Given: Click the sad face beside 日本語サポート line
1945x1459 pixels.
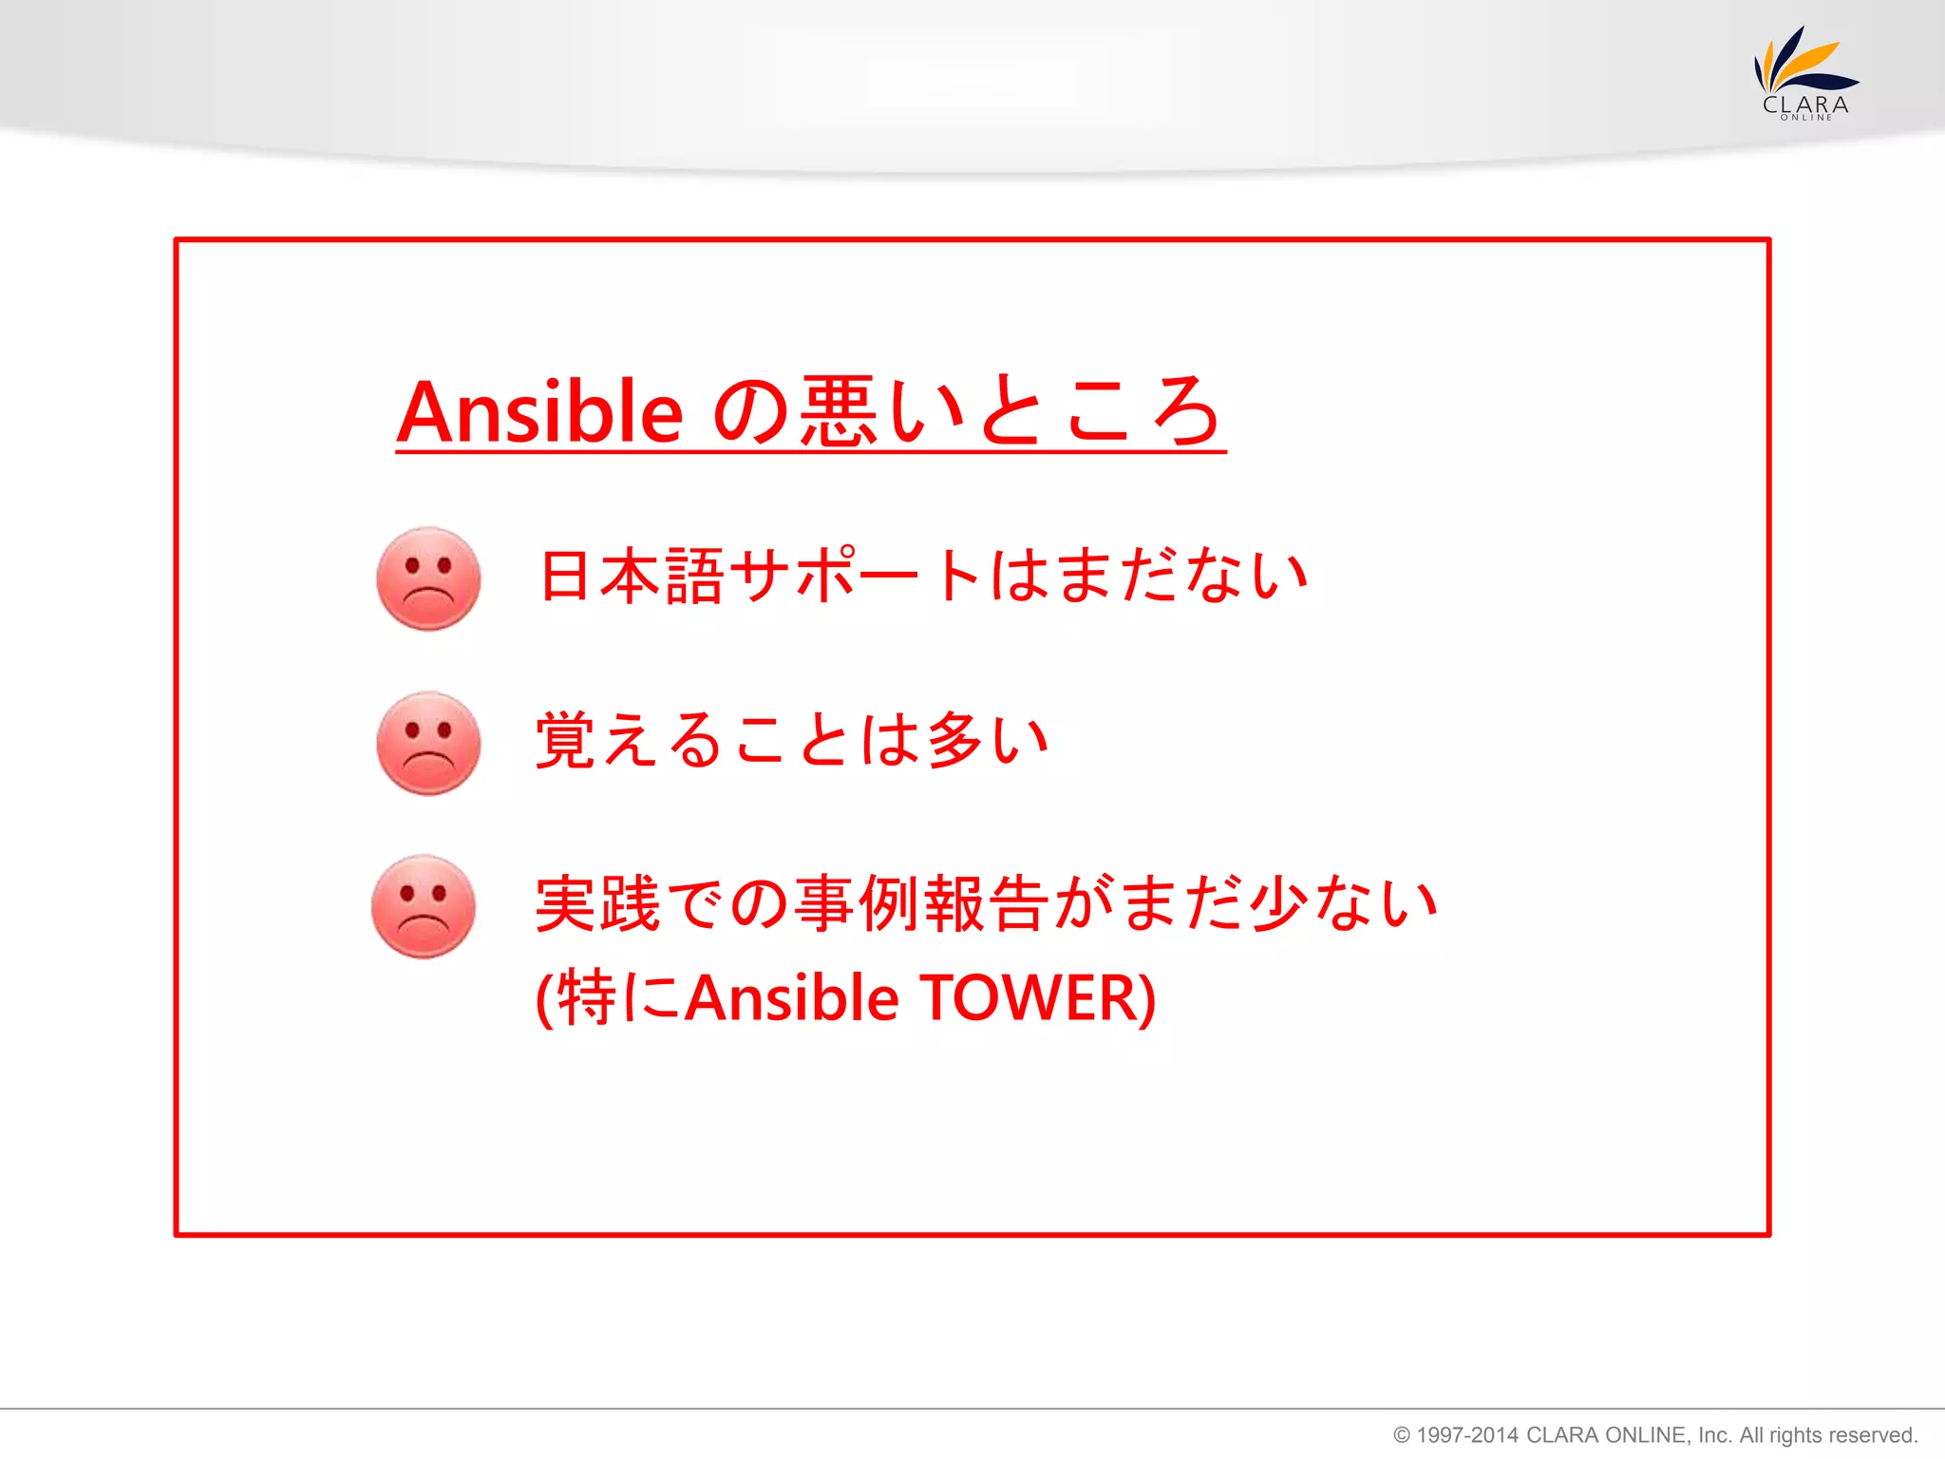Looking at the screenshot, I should (428, 578).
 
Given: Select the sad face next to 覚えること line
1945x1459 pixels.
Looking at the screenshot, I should (428, 743).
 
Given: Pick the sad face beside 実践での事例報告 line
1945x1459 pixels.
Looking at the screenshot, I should (424, 906).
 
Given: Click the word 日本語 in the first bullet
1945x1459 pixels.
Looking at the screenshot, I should (632, 576).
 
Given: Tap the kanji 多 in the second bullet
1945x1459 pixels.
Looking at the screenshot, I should (954, 739).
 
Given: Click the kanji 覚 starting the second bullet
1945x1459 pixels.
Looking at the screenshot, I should (566, 739).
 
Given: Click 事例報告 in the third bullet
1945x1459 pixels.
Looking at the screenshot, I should (921, 903).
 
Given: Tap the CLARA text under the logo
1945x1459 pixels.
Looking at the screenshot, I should (1805, 104).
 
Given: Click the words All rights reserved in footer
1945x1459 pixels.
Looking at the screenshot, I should (1828, 1435).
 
